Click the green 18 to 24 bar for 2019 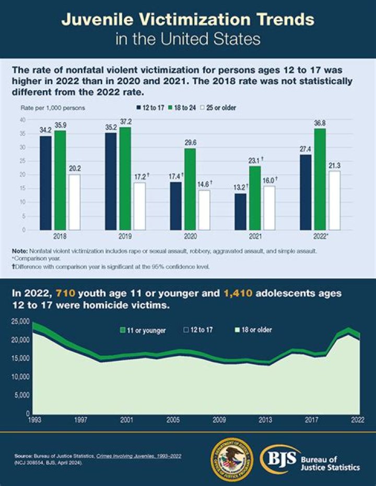click(x=125, y=178)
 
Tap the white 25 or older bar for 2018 click(x=75, y=202)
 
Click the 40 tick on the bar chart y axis click(x=22, y=120)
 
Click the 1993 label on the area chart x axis click(x=34, y=419)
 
